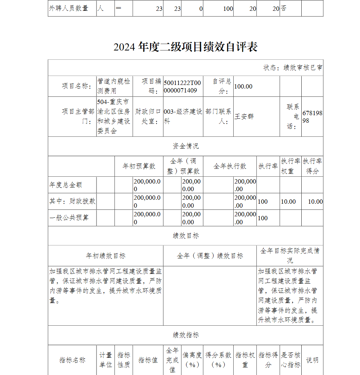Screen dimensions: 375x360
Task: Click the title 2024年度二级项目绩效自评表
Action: [185, 47]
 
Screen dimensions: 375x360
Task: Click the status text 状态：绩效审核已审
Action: [293, 68]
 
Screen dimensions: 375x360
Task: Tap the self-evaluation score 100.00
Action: [243, 86]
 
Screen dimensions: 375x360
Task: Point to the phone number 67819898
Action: [312, 117]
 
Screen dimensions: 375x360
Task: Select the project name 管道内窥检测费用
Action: [114, 86]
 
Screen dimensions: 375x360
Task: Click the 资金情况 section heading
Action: [185, 146]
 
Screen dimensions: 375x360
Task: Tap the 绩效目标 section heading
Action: [185, 236]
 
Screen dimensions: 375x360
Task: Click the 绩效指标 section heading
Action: [185, 335]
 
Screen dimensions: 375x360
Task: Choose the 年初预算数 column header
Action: [139, 166]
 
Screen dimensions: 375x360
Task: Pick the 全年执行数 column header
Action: [230, 166]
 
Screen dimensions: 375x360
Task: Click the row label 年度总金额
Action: [66, 185]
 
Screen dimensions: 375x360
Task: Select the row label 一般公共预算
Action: [69, 218]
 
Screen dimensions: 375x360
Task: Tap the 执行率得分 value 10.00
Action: [315, 202]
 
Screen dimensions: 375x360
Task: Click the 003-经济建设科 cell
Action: [183, 117]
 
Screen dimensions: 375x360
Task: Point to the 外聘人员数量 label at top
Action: [68, 8]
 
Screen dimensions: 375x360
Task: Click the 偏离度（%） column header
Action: [192, 360]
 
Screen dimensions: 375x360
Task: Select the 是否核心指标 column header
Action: [291, 360]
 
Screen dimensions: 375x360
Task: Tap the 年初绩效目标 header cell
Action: [105, 256]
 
